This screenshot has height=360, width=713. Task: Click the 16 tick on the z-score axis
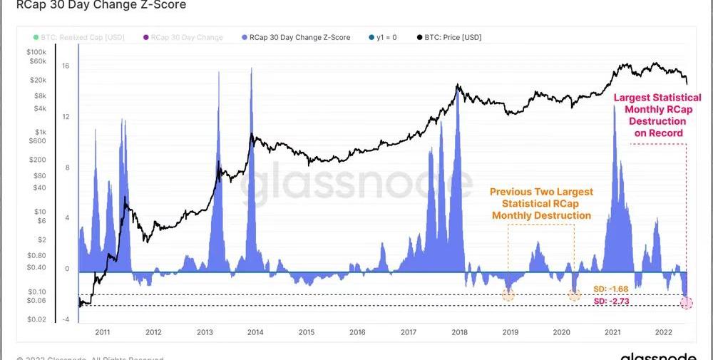65,66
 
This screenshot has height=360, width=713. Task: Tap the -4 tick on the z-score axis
65,319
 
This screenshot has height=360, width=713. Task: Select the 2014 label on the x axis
255,332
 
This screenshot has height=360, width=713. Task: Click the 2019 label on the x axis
511,332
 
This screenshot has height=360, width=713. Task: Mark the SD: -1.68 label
610,289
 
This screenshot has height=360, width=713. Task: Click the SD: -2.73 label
610,302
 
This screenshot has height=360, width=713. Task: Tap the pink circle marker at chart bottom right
687,303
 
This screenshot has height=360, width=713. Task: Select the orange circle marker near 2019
508,294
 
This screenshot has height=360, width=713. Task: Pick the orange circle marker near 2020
575,294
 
